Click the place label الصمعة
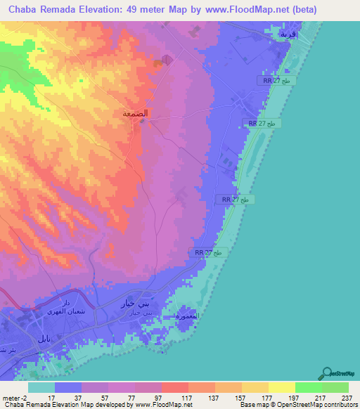point(134,113)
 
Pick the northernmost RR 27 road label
point(281,82)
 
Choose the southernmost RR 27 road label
point(208,252)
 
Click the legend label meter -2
point(14,398)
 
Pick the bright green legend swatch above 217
point(308,387)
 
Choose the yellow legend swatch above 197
point(281,387)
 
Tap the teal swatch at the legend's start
point(41,387)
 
